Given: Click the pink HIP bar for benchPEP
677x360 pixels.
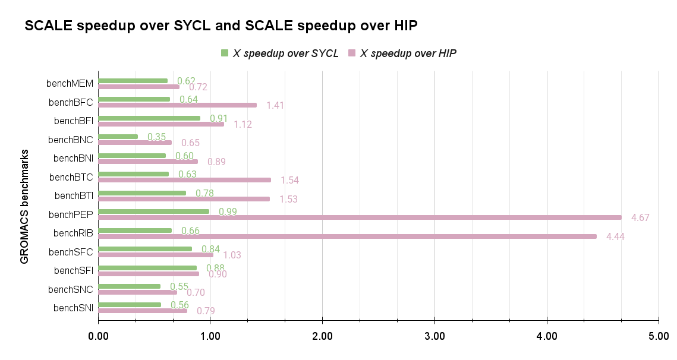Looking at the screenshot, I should tap(360, 217).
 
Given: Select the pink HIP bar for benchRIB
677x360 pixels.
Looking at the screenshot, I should tap(347, 236).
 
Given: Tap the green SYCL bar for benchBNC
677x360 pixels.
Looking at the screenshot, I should tap(118, 137).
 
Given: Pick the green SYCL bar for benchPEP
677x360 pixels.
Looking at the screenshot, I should tap(153, 211).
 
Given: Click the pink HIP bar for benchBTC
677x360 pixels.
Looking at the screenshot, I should tap(184, 180).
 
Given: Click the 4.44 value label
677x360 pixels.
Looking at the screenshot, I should tap(615, 237).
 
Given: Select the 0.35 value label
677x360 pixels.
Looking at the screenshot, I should tap(157, 137).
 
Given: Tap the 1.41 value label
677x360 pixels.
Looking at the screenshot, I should tap(276, 106).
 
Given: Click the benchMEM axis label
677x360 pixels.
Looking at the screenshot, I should tap(70, 83).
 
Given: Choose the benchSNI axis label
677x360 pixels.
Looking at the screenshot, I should tap(73, 308).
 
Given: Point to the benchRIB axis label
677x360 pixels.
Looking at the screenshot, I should tap(73, 233).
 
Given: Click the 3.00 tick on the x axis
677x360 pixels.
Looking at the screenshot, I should tap(434, 337).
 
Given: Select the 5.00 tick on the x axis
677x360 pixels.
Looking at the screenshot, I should tap(659, 337).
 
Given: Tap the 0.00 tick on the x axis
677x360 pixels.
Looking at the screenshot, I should tap(98, 337).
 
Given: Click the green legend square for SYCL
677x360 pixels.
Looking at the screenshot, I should tap(225, 53).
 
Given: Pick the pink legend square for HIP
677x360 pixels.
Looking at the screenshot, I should tap(352, 53).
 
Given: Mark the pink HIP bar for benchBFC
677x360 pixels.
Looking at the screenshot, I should tap(177, 105).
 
